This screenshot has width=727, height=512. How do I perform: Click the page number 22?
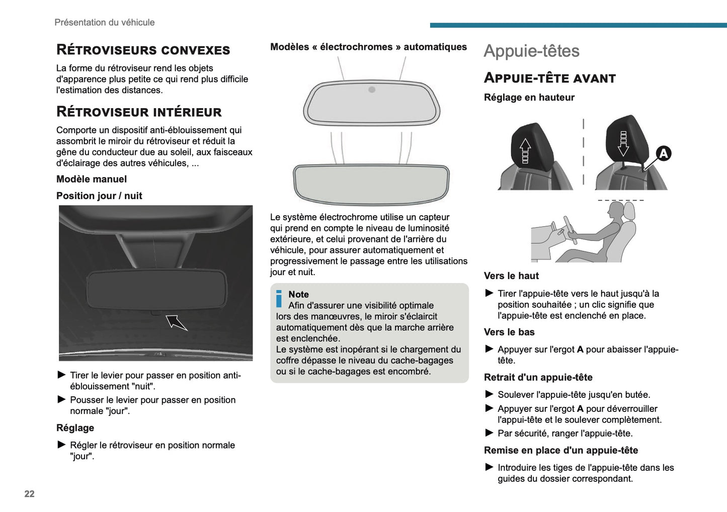tap(29, 494)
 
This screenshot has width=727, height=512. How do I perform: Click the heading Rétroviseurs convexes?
tap(143, 50)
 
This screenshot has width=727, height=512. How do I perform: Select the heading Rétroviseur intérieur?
tap(139, 112)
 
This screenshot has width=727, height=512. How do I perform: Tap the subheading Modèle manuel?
tap(92, 179)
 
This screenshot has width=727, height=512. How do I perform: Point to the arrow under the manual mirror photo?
tap(176, 322)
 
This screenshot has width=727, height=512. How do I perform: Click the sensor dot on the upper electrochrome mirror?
tap(372, 90)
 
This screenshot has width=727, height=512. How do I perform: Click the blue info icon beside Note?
tap(279, 298)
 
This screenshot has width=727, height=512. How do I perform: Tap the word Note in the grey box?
tap(298, 294)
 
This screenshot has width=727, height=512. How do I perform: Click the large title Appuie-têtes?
tap(531, 51)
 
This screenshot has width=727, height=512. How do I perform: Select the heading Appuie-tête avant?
tap(549, 78)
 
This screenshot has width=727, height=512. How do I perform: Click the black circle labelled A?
tap(663, 153)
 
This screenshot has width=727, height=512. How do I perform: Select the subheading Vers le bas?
tap(509, 332)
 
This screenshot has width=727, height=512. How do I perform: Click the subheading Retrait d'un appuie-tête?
tap(538, 377)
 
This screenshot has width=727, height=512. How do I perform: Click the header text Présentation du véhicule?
tap(105, 22)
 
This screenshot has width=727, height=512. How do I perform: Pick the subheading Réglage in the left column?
tap(75, 428)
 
